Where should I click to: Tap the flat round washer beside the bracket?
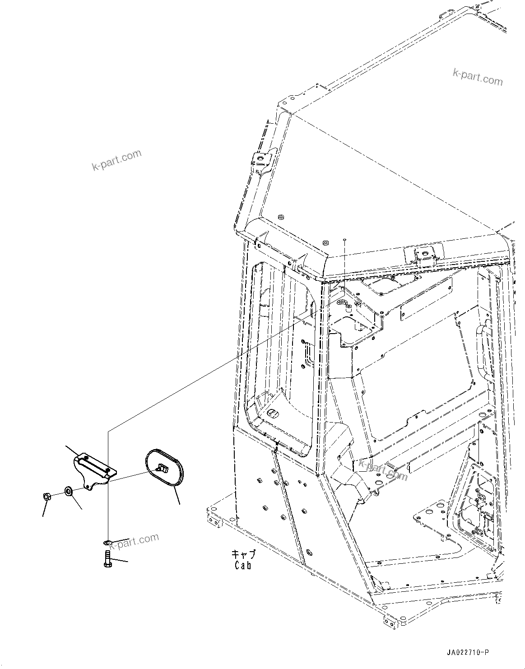68,491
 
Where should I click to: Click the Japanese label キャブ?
243,554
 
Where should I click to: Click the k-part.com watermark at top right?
478,77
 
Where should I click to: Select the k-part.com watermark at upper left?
116,160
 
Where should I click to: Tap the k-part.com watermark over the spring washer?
135,541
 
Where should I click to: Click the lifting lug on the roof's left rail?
261,162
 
